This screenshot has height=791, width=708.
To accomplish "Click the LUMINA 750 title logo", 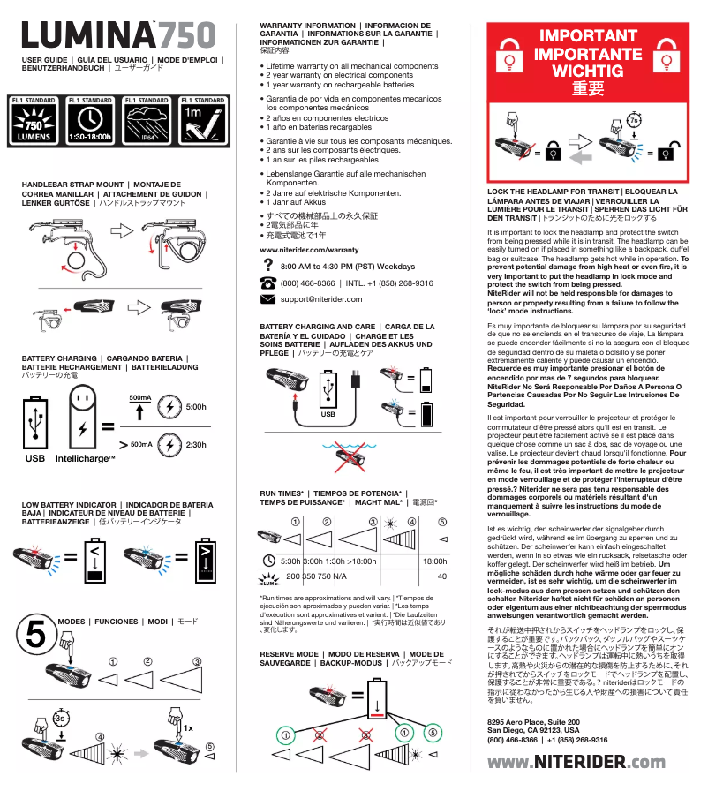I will [x=118, y=35].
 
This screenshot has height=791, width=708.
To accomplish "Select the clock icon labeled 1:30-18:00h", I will [x=90, y=122].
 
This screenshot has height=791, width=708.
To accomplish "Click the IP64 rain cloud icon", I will [x=146, y=122].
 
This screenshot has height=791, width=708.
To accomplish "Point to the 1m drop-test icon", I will [x=202, y=122].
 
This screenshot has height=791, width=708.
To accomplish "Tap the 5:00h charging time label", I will [x=196, y=407].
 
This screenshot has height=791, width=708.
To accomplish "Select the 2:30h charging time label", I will [x=196, y=445].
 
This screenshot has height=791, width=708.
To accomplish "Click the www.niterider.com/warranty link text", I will [x=309, y=251].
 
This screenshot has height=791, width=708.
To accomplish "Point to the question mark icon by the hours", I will [x=268, y=265].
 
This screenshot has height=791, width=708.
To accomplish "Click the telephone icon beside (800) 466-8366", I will [x=268, y=282].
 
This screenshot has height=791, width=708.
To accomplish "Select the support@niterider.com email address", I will [x=320, y=299].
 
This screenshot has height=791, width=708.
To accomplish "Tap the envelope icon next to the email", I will [x=268, y=299].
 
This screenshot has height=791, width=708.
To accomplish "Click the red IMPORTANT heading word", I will [x=588, y=37].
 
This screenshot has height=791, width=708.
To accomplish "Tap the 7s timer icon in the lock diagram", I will [x=634, y=119].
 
